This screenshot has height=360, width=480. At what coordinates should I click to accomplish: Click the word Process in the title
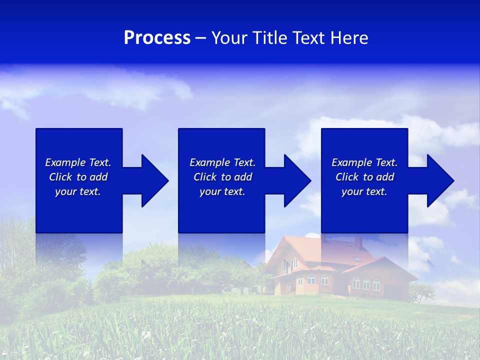pos(157,38)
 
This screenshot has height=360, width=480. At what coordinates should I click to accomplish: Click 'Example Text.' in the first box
pos(78,162)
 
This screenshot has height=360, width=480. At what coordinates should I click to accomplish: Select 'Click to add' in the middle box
pos(222,177)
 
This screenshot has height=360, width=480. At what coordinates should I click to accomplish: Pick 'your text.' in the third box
pos(364,191)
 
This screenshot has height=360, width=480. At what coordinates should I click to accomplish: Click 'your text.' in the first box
pos(78,191)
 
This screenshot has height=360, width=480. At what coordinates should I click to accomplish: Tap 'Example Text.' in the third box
pos(364,162)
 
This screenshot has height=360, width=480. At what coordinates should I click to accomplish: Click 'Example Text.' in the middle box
pos(222,162)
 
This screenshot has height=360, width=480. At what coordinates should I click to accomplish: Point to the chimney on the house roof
pos(358,242)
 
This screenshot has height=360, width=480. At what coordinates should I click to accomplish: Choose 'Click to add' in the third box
pos(364,177)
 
